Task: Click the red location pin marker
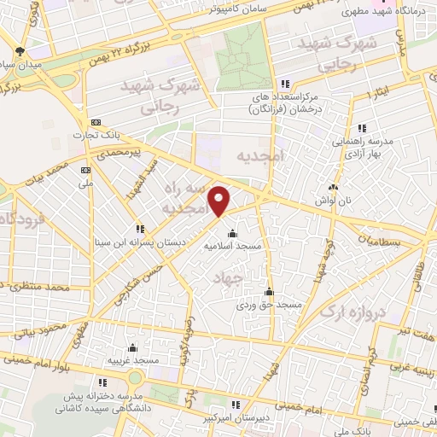point(220,201)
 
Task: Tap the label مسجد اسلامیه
point(230,246)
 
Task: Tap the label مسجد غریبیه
point(132,360)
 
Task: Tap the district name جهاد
point(251,277)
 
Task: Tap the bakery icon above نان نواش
point(333,187)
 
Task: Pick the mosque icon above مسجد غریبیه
point(132,347)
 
